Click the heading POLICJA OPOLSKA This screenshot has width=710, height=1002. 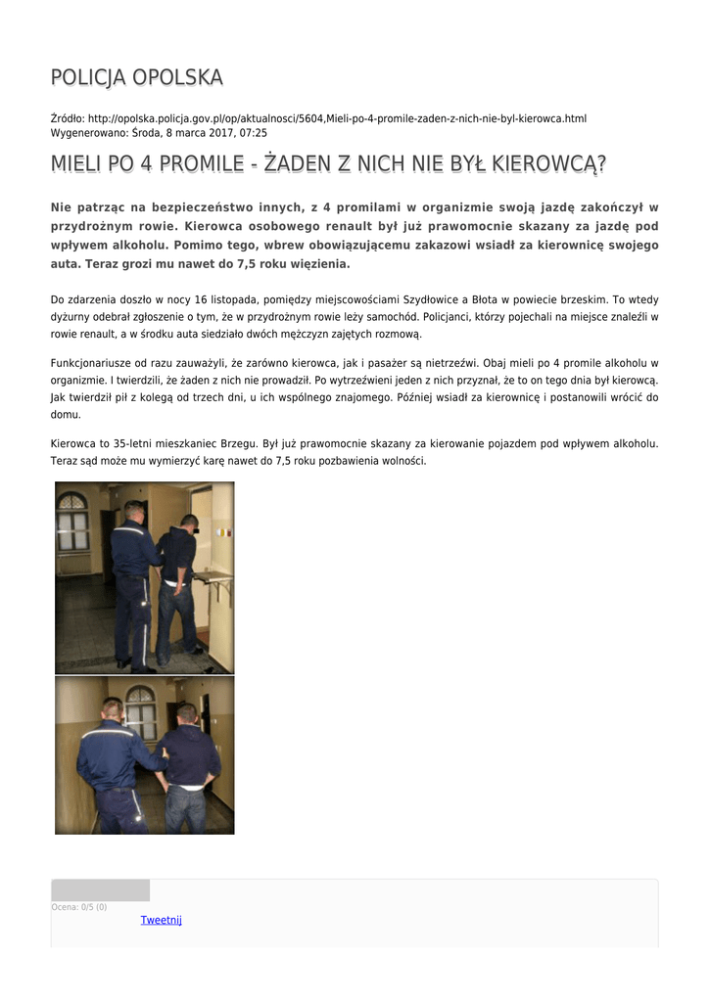point(136,77)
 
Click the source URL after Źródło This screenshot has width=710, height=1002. point(337,118)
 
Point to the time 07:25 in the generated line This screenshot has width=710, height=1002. point(254,133)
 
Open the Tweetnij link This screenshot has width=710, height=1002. point(162,920)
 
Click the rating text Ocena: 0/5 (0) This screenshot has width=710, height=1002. point(79,907)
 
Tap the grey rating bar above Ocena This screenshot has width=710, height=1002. point(101,890)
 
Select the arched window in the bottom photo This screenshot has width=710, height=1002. point(140,712)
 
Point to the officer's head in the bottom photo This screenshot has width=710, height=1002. point(113,709)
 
